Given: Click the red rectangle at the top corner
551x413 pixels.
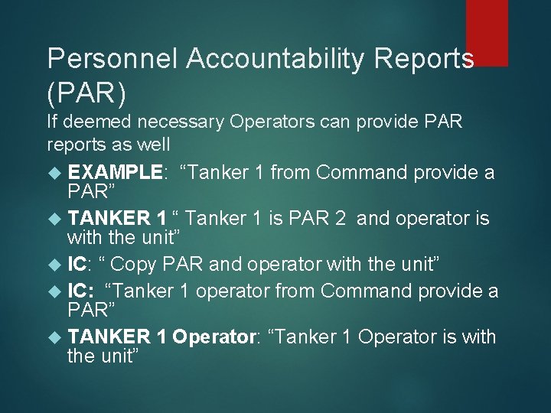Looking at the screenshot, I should tap(487, 32).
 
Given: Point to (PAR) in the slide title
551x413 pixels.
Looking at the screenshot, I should tap(86, 93).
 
